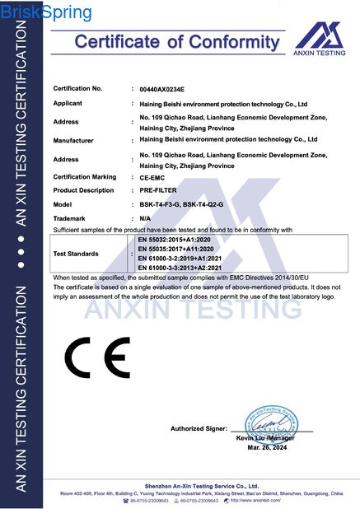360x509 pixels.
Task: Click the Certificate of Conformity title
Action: click(179, 41)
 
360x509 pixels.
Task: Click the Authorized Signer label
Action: click(199, 429)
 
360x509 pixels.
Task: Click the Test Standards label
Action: click(76, 254)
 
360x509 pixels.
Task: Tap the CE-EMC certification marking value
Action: click(152, 177)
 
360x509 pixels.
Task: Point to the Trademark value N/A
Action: click(146, 217)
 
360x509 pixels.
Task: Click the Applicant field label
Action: click(68, 104)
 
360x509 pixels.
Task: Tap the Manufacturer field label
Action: click(72, 140)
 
